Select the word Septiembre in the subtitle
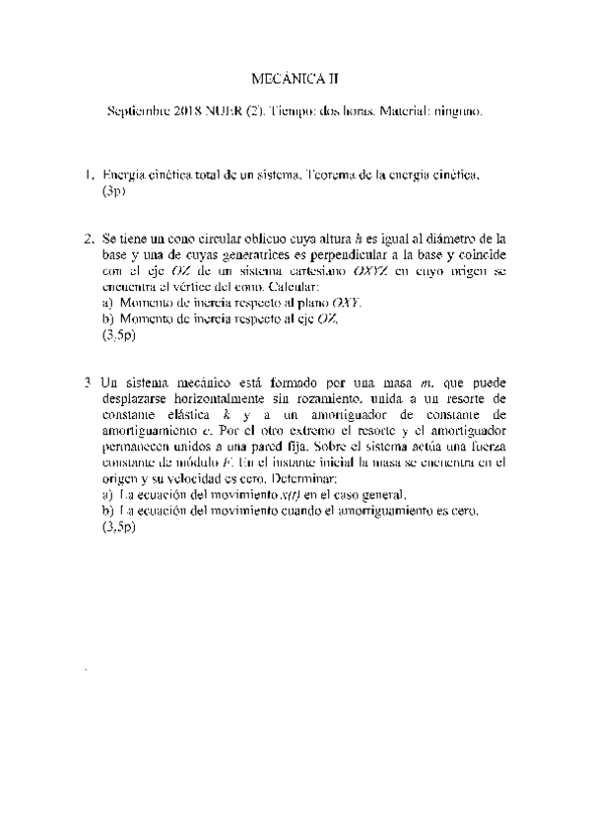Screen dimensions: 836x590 137,113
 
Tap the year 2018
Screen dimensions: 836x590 187,113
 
